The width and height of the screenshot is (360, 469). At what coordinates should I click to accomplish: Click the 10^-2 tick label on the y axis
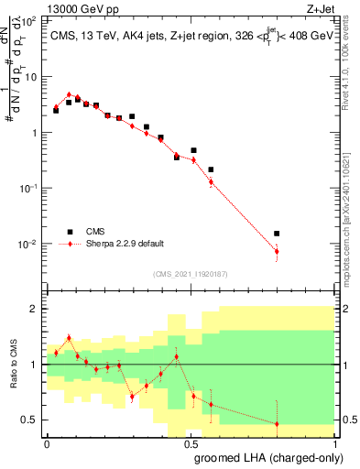[x=30, y=244]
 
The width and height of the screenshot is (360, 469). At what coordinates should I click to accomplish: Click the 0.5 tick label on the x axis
[x=192, y=442]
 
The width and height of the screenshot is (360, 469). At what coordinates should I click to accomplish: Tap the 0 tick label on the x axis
[x=48, y=442]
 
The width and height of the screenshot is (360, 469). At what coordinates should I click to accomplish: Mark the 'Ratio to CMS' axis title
[x=13, y=364]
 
